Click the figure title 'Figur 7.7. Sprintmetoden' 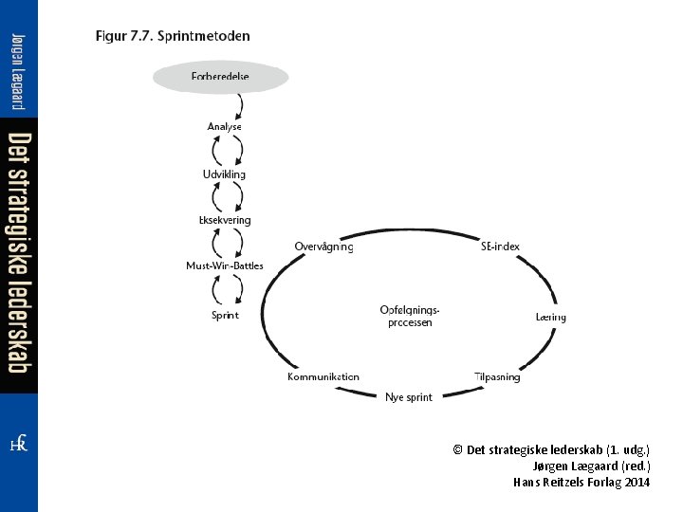[x=173, y=37]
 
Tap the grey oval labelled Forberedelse [x=220, y=77]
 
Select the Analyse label [x=225, y=126]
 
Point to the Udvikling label [x=224, y=174]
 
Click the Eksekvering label [x=225, y=220]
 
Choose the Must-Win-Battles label [x=225, y=266]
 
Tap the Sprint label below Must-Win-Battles [x=225, y=315]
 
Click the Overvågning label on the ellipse [x=323, y=247]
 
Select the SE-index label [x=500, y=247]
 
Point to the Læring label [x=550, y=317]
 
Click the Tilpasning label [x=497, y=376]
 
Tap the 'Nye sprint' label [x=409, y=397]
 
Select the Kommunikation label [x=323, y=376]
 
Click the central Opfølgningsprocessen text [x=410, y=316]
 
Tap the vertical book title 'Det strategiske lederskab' [x=19, y=252]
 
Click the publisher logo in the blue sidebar [x=18, y=444]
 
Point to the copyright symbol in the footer [x=458, y=449]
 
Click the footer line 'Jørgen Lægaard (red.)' [x=592, y=466]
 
